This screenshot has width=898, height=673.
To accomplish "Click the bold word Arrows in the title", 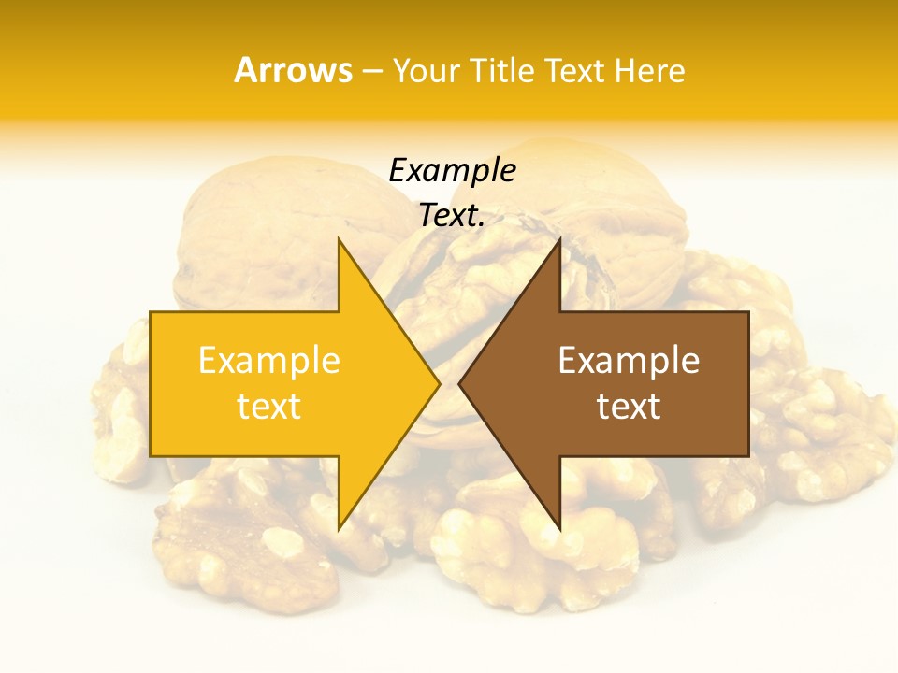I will (x=293, y=70).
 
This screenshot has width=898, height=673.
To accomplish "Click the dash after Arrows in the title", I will (x=371, y=71).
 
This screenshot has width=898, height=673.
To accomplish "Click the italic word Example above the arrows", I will (x=452, y=171).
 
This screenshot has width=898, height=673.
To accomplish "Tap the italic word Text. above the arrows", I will (x=452, y=215).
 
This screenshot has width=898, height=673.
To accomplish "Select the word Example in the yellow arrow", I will (x=269, y=361).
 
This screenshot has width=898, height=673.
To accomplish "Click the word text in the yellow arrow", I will (x=269, y=406).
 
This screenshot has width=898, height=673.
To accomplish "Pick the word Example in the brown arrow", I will (x=629, y=361).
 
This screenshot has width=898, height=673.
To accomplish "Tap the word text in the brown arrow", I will (x=629, y=406).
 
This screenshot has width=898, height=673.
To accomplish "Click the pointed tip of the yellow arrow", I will (x=438, y=383).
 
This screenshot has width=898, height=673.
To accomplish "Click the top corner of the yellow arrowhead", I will (x=339, y=240).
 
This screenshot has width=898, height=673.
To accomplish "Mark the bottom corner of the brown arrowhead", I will (x=559, y=528).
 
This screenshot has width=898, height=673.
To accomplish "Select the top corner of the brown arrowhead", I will (x=559, y=240).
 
